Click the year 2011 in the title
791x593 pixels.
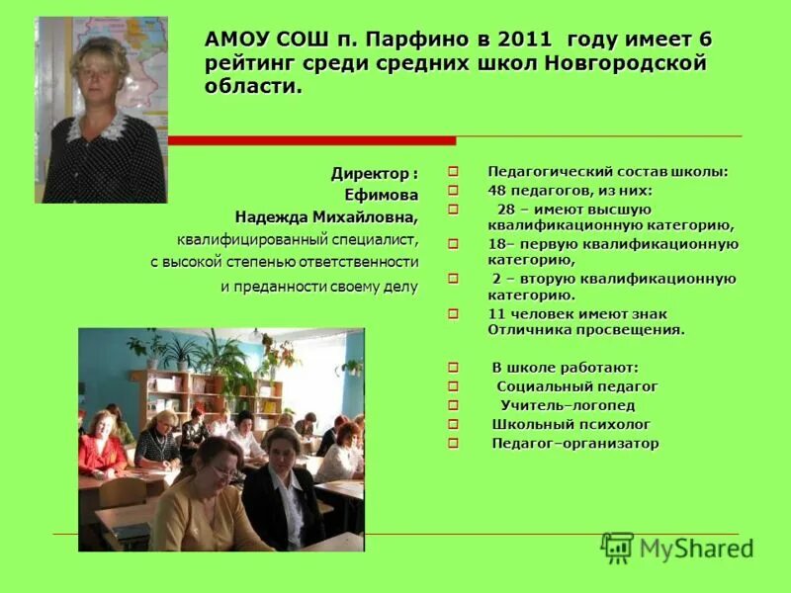pyautogui.click(x=527, y=42)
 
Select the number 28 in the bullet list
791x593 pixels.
pyautogui.click(x=505, y=209)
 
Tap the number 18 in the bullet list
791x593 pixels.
pyautogui.click(x=497, y=243)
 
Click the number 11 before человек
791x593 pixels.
pyautogui.click(x=496, y=313)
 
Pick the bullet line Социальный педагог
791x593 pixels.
pyautogui.click(x=576, y=386)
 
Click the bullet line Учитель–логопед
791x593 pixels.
pyautogui.click(x=567, y=405)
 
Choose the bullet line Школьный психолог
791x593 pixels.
pyautogui.click(x=558, y=424)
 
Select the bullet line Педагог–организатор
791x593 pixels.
pyautogui.click(x=574, y=443)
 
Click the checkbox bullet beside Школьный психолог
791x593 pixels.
pyautogui.click(x=454, y=425)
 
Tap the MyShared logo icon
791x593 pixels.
pyautogui.click(x=618, y=548)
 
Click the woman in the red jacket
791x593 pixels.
pyautogui.click(x=102, y=447)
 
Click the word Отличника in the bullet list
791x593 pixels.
pyautogui.click(x=529, y=329)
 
